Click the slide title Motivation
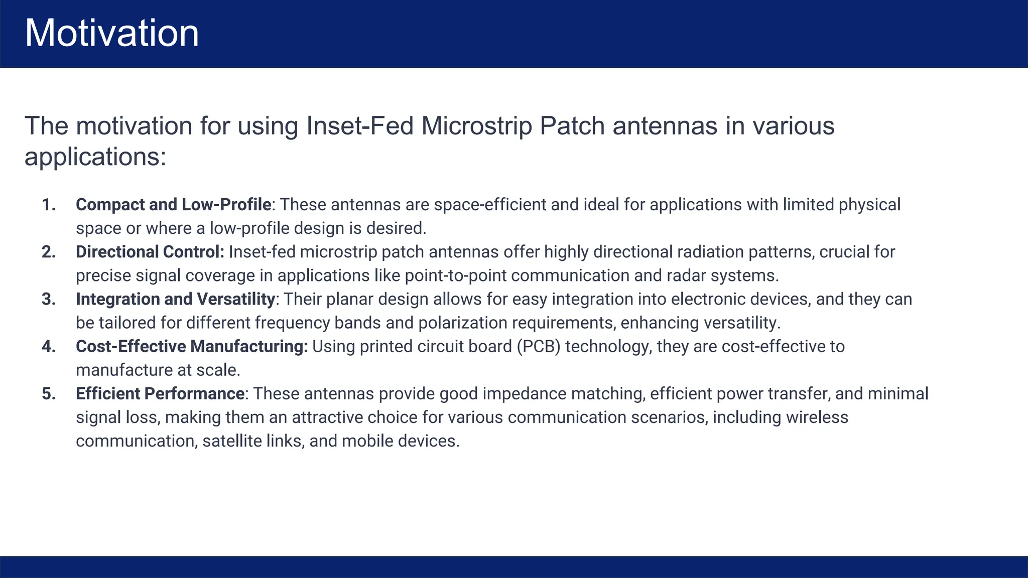(112, 33)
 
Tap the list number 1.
(49, 205)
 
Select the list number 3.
(49, 299)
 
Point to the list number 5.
(49, 393)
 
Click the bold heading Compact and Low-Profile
(173, 205)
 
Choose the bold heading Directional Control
(150, 252)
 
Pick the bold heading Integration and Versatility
(175, 299)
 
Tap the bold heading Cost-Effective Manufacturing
(192, 346)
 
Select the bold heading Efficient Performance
(160, 393)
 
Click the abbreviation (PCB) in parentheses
(538, 346)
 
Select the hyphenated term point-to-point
(455, 275)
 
